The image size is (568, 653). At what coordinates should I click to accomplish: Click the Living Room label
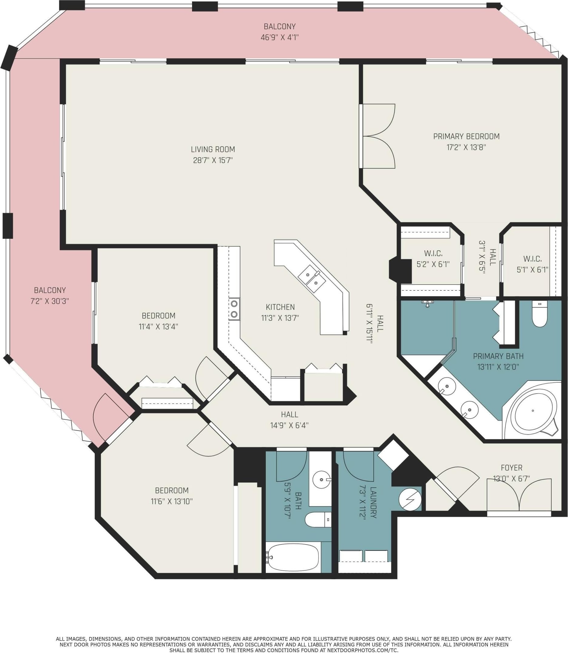(x=213, y=149)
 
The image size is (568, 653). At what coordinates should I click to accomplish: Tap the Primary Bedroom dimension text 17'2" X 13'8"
(x=466, y=147)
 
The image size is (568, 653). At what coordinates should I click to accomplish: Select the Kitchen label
(x=280, y=307)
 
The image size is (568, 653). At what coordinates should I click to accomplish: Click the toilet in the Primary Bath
(x=539, y=314)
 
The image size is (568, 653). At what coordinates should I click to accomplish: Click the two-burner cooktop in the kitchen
(x=234, y=309)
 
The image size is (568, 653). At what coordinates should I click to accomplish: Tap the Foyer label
(x=512, y=468)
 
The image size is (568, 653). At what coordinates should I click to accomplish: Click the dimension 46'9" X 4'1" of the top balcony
(x=279, y=37)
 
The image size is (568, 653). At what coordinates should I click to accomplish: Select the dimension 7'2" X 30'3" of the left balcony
(x=50, y=301)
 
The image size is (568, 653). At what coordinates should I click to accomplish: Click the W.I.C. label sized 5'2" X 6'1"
(x=433, y=253)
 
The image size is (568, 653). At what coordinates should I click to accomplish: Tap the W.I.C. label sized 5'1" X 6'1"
(x=532, y=259)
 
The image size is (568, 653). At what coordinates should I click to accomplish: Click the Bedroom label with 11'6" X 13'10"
(x=172, y=490)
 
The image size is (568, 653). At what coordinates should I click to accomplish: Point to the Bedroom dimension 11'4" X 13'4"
(x=158, y=326)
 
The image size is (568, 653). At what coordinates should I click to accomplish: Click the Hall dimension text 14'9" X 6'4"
(x=289, y=425)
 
